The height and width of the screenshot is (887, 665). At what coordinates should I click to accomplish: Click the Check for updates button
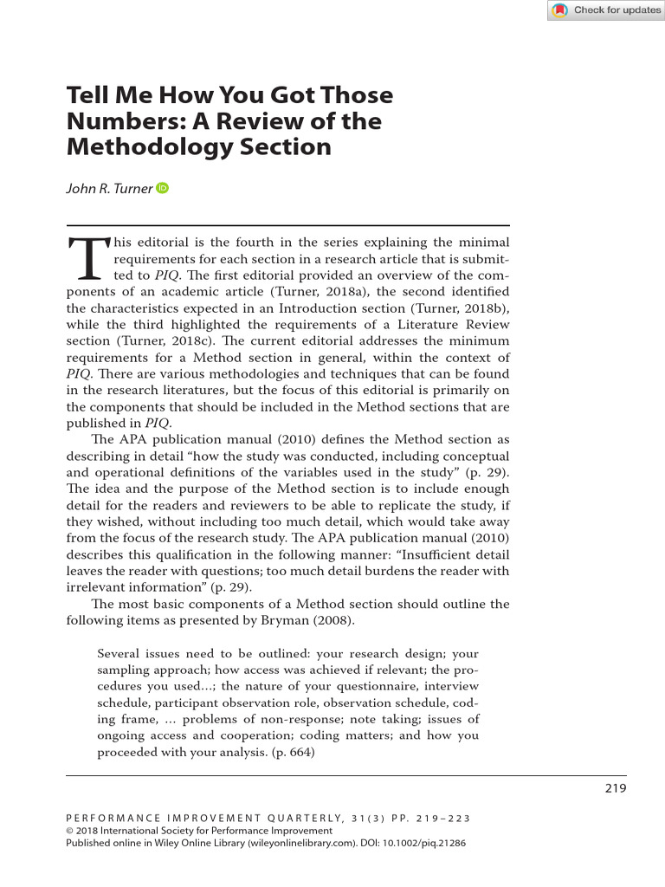[x=605, y=10]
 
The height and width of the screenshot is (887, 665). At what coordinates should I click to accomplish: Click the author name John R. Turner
[x=109, y=190]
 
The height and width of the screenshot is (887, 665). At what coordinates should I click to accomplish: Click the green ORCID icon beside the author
[x=162, y=189]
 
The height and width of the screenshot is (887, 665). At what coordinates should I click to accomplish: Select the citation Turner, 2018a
[x=321, y=291]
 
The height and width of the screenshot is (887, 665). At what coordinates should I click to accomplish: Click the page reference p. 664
[x=291, y=752]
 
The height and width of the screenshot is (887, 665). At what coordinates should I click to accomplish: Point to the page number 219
[x=614, y=787]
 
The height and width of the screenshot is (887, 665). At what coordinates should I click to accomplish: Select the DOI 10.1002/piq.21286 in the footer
[x=423, y=841]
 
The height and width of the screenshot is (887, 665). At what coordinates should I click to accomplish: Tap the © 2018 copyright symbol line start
[x=71, y=830]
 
